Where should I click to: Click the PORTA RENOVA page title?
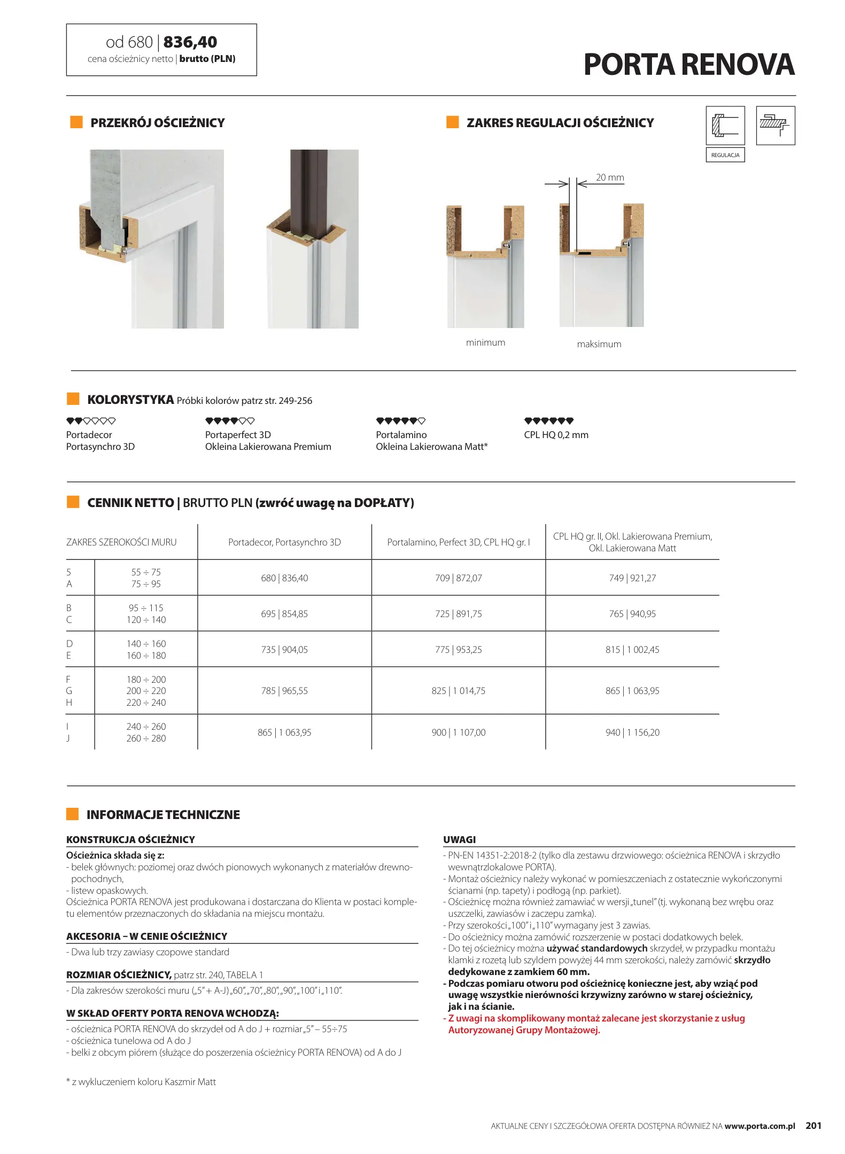click(x=688, y=65)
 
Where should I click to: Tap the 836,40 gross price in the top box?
click(x=190, y=42)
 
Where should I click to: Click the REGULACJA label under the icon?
click(x=725, y=155)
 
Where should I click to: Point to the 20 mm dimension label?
click(x=610, y=177)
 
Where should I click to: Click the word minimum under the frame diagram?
click(x=485, y=342)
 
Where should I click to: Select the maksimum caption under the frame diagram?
click(x=599, y=344)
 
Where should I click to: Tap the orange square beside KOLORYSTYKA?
click(x=73, y=399)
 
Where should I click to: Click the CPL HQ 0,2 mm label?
click(x=556, y=435)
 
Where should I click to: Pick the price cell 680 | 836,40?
click(x=284, y=578)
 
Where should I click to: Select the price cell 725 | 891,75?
click(x=458, y=614)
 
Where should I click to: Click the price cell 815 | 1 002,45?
click(x=632, y=650)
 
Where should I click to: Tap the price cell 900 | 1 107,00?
click(x=459, y=732)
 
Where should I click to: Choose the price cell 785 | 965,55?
click(x=284, y=691)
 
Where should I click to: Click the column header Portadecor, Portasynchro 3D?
click(x=284, y=542)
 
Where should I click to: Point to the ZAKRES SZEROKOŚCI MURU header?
click(x=121, y=542)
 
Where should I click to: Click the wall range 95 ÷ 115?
click(x=146, y=608)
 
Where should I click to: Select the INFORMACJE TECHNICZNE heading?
click(x=163, y=815)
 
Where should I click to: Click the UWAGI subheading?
click(x=459, y=839)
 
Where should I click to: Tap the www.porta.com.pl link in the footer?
click(x=759, y=1126)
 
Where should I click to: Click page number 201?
click(x=813, y=1125)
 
